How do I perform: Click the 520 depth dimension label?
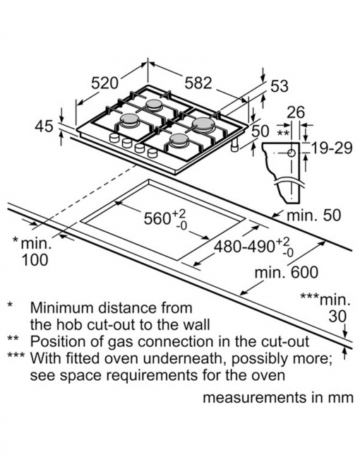point(104,83)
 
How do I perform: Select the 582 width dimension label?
point(198,83)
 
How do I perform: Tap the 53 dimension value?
point(279,86)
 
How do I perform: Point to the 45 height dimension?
point(44,126)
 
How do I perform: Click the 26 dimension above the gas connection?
point(296,112)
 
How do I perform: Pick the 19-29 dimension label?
point(331,148)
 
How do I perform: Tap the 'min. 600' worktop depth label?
point(286,272)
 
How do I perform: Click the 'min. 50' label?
point(313,215)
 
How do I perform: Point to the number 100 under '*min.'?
point(35,260)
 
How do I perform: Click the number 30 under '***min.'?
point(337,317)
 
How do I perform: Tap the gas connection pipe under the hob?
point(235,145)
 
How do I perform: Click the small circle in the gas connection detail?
point(292,153)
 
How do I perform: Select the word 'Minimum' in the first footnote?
point(62,308)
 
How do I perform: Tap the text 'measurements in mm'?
point(278,398)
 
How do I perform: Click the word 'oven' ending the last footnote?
point(269,376)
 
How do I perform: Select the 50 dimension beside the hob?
point(260,131)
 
